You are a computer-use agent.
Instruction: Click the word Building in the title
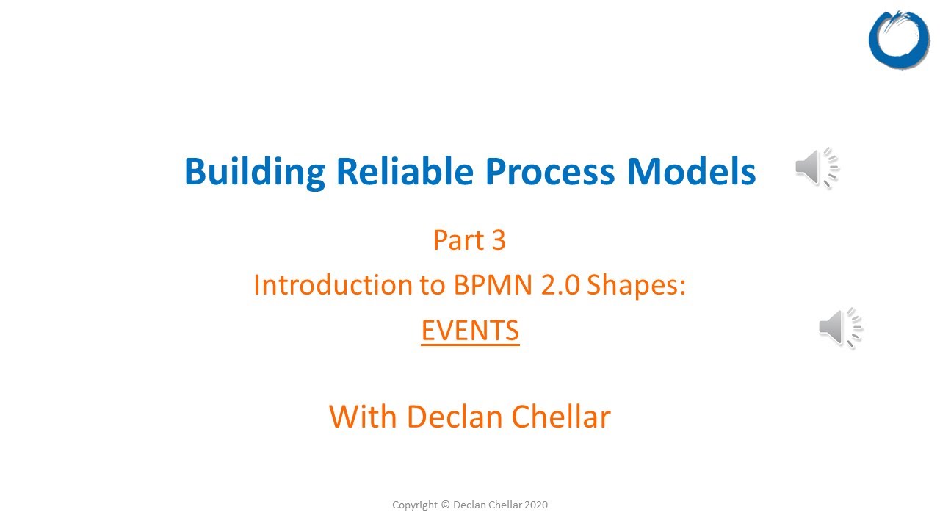(255, 172)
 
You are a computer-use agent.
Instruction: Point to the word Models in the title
(691, 172)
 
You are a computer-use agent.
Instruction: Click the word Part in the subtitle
(455, 240)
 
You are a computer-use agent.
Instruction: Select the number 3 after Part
(498, 240)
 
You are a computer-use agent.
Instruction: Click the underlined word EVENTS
(470, 331)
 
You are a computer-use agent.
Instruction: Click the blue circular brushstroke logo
(899, 40)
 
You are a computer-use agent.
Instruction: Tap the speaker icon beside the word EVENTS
(840, 328)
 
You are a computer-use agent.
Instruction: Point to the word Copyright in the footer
(415, 505)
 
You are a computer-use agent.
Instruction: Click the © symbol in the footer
(445, 505)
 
